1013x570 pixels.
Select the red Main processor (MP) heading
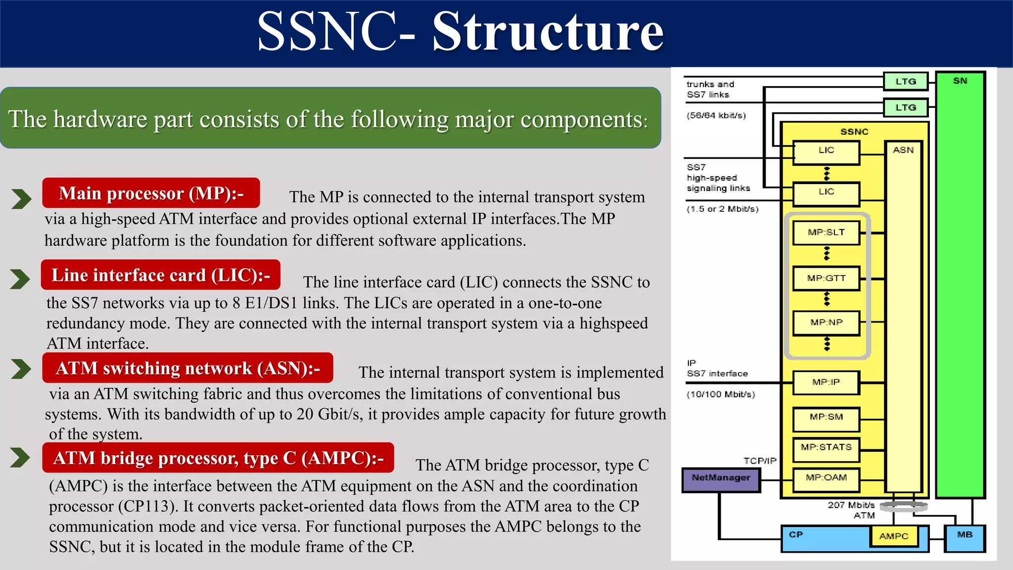pos(151,193)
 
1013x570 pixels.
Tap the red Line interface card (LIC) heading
pos(161,275)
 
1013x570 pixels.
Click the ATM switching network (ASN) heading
pos(187,368)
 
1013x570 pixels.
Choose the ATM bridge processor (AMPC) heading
pos(218,458)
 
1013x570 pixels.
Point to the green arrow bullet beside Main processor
pos(21,199)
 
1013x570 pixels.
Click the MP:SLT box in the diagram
pos(826,233)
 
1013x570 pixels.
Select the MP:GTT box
pos(826,278)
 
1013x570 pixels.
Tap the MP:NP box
pos(826,323)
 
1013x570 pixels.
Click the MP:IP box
pos(826,382)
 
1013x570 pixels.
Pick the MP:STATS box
pos(826,448)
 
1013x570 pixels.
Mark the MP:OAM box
pos(826,478)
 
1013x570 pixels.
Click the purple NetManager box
pos(721,478)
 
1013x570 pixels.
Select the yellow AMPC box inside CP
pos(894,536)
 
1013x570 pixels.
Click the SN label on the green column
pos(960,81)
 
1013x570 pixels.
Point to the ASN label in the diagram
pos(903,150)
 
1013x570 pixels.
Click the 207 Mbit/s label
pos(851,505)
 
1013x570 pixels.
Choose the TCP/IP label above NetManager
pos(760,461)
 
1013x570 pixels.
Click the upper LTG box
pos(906,82)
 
